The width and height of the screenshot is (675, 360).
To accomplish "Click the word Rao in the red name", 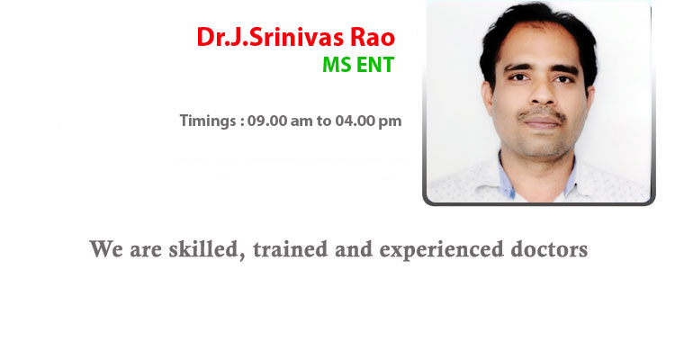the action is point(373,37).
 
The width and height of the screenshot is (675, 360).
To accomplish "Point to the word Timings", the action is point(208,121).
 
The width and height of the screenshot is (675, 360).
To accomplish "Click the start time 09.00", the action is point(267,121).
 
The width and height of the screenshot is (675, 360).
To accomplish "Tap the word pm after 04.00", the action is point(390,121).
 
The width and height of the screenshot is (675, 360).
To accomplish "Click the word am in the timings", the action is point(301,121).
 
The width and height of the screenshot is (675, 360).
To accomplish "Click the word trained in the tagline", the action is point(290,249).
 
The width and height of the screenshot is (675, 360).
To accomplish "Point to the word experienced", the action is point(441,250).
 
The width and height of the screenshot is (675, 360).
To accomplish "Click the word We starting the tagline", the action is point(106,249).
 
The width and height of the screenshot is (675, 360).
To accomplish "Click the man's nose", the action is point(543,93).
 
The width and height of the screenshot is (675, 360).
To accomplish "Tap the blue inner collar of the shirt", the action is point(507,175).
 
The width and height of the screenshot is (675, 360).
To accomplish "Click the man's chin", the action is point(543,144).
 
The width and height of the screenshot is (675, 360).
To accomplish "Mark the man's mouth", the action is point(542,122).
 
